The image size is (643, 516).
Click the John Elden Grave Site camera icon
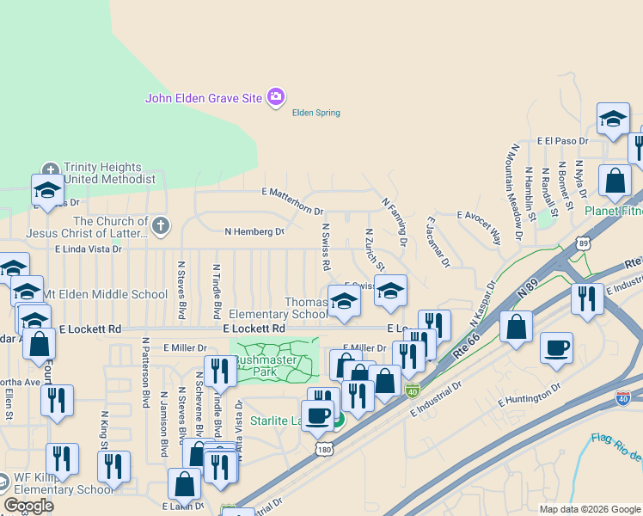pos(276,97)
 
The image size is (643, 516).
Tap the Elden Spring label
pos(315,113)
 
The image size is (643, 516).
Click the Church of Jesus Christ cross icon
pos(160,226)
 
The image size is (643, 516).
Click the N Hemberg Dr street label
pos(254,231)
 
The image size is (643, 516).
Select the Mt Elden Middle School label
pos(106,294)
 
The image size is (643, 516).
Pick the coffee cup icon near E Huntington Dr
pos(556,347)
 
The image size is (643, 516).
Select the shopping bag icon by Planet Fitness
pos(614,181)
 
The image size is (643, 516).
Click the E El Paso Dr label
pos(562,140)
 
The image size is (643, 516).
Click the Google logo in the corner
pos(28,506)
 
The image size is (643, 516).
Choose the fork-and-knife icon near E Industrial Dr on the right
pos(586,299)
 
